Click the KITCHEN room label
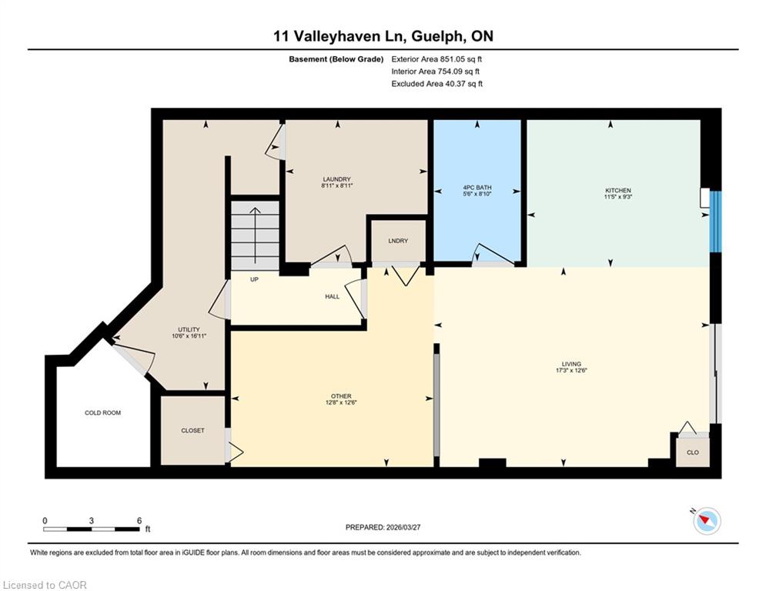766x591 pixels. coord(618,190)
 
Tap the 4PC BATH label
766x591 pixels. coord(477,187)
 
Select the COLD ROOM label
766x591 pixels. coord(102,412)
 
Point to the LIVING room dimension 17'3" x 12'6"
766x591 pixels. coord(571,370)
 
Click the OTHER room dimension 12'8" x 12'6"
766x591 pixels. coord(341,402)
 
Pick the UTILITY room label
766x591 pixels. coord(189,329)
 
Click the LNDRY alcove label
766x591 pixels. coord(398,241)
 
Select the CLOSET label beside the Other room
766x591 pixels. coord(192,430)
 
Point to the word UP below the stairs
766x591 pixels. coord(254,279)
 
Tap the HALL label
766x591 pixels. coord(333,296)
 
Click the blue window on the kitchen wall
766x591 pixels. coord(715,222)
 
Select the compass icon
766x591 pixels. coord(707,521)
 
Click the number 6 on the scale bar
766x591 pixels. coord(139,521)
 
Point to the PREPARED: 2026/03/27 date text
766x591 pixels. coord(383,527)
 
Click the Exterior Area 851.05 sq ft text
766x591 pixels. coord(437,59)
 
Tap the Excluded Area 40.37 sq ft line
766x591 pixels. coord(437,84)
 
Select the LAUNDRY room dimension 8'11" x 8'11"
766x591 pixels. coord(336,185)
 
